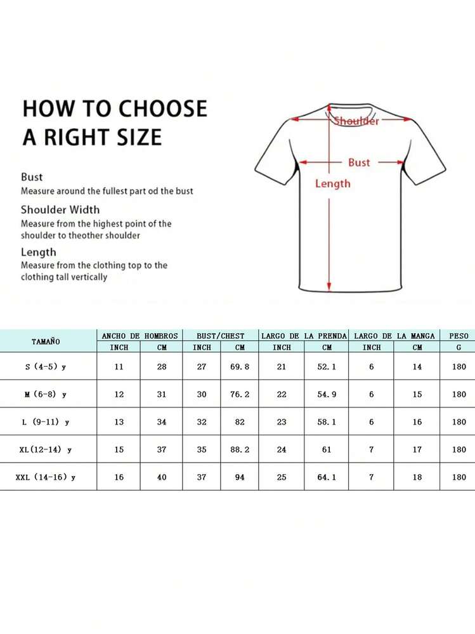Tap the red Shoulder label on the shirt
(x=356, y=121)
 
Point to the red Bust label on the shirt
(x=358, y=162)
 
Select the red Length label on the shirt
(x=333, y=183)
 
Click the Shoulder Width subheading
(x=60, y=209)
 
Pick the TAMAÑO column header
(x=46, y=341)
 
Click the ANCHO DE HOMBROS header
(x=140, y=335)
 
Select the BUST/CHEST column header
(x=220, y=335)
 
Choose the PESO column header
(x=459, y=335)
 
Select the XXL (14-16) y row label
(x=46, y=477)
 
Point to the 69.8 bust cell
(x=240, y=367)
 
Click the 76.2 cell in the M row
(x=240, y=394)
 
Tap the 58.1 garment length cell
(x=327, y=422)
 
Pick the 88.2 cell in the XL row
(x=240, y=449)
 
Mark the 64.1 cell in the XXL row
(x=327, y=477)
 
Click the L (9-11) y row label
(x=46, y=422)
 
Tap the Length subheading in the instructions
(x=38, y=252)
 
